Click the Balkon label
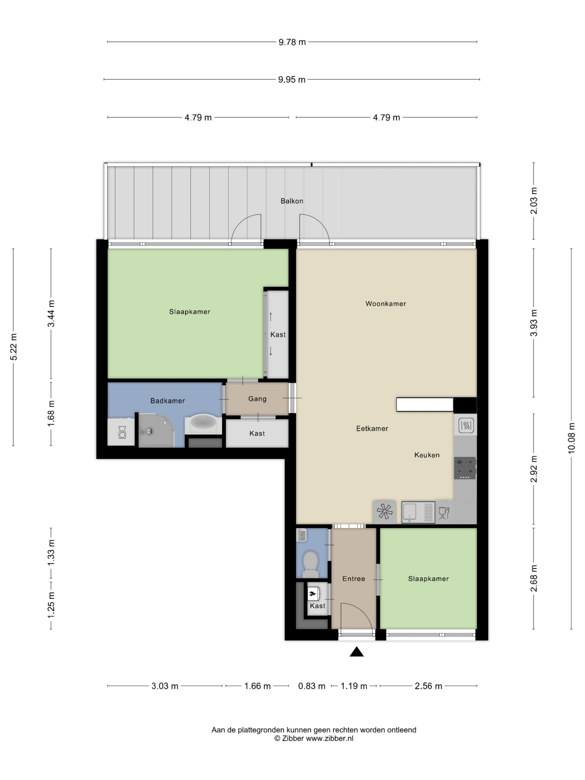point(292,201)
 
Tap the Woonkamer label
point(386,304)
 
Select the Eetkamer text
point(372,428)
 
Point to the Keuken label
point(427,455)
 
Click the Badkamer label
point(168,401)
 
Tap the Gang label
point(257,399)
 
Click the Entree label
point(354,579)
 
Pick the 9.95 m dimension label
point(292,80)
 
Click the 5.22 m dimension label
point(14,347)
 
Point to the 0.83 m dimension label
point(312,686)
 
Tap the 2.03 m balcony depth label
point(534,201)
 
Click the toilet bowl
point(310,561)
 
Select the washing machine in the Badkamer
point(121,432)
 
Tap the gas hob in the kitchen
point(465,468)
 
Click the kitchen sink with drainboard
point(418,512)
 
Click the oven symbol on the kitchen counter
point(465,425)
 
